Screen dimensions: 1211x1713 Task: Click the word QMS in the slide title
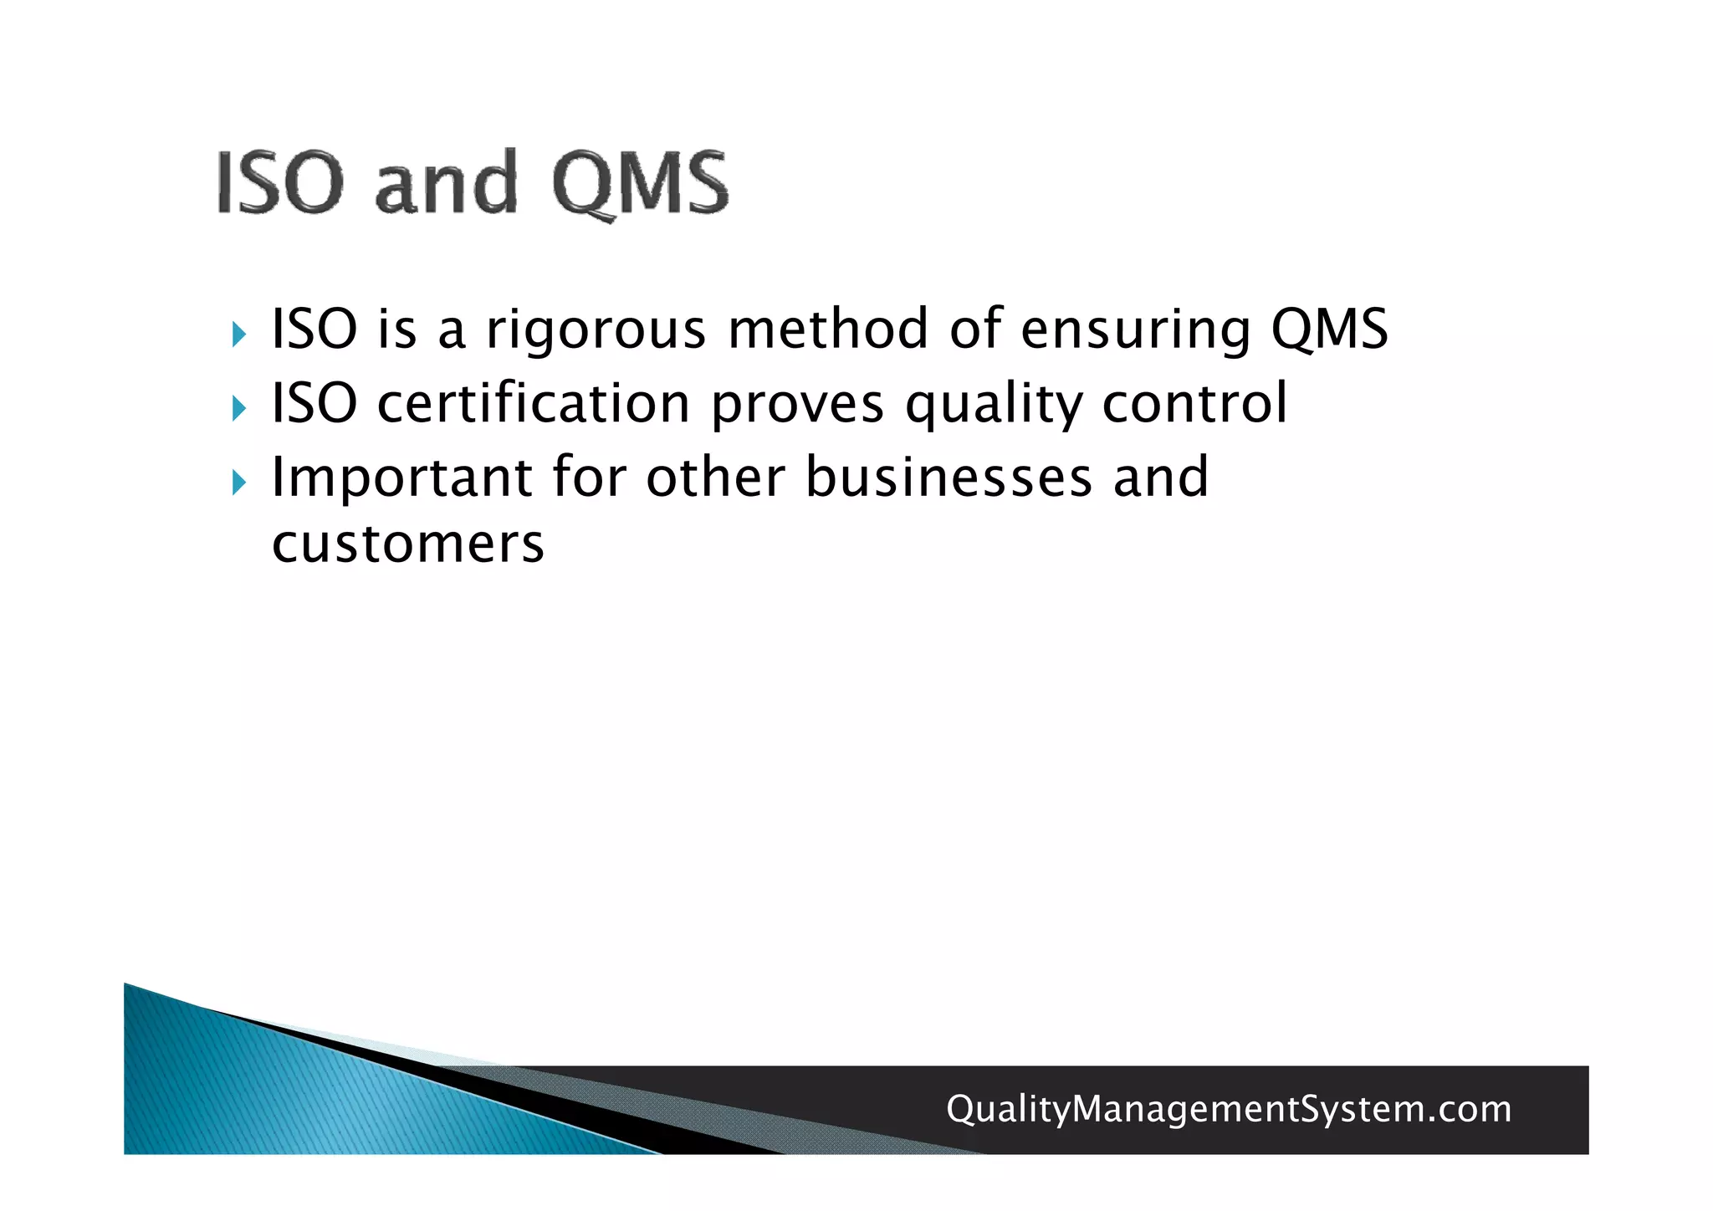coord(640,183)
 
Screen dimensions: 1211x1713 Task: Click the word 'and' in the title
coord(446,183)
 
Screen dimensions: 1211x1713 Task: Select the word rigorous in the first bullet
coord(596,330)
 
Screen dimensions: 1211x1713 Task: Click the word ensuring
coord(1136,330)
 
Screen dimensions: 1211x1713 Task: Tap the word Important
coord(402,479)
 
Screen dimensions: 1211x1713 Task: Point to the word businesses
coord(949,478)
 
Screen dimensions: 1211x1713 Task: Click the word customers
coord(408,544)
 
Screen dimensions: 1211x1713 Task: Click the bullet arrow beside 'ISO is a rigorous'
coord(239,335)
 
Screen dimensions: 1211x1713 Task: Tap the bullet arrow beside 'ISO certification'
coord(239,409)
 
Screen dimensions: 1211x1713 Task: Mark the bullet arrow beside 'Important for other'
coord(239,483)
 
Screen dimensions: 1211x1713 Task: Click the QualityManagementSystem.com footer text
coord(1229,1110)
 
